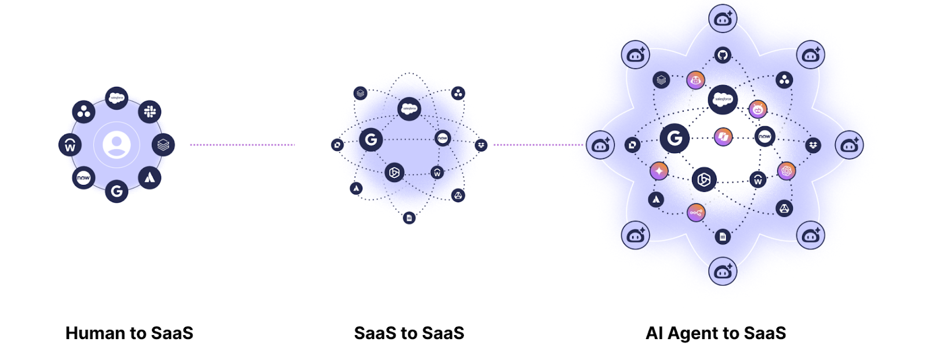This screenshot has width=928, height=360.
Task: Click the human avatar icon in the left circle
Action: [x=117, y=144]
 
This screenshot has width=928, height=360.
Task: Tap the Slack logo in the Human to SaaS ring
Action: [x=150, y=111]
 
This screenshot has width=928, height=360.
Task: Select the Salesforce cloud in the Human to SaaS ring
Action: [x=117, y=98]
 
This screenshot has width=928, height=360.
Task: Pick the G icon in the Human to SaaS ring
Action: [x=117, y=191]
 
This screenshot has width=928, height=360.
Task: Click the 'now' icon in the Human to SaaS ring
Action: [x=84, y=178]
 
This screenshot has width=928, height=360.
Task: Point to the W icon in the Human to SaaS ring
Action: [x=70, y=145]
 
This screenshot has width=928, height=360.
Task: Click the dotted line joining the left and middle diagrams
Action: [x=242, y=145]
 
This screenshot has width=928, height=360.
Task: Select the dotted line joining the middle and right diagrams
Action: [x=538, y=145]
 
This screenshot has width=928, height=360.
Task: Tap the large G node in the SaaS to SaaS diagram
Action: [x=371, y=140]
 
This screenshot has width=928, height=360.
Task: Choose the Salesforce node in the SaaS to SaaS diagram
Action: [x=409, y=109]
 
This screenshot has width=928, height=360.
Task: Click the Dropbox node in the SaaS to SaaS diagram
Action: [x=481, y=145]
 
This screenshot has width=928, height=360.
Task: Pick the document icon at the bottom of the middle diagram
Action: [x=409, y=218]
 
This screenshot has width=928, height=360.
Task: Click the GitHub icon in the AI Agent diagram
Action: [x=723, y=56]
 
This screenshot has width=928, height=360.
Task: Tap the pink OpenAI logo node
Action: [x=786, y=171]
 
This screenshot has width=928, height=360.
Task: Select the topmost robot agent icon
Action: [x=723, y=19]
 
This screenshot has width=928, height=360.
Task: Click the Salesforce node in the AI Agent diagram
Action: [x=723, y=99]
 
